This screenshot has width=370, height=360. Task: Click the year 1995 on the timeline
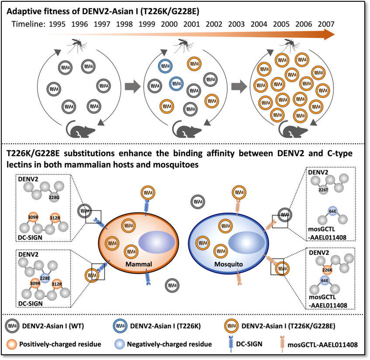58,24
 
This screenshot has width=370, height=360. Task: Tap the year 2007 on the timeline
327,24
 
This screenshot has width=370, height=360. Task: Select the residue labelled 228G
55,197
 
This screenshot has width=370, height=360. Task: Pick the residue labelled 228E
45,277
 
